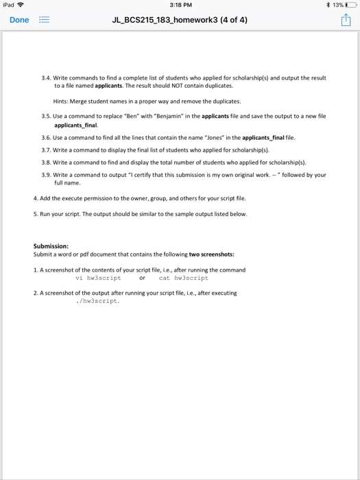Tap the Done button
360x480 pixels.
[19, 20]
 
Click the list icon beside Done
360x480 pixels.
[43, 20]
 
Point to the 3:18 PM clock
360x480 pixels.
[180, 6]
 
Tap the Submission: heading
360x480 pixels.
[51, 246]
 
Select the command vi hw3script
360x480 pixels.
[98, 278]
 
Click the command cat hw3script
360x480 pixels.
[183, 278]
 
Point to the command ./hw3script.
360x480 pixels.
[98, 300]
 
